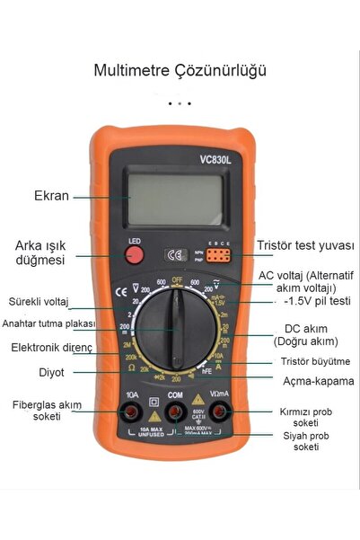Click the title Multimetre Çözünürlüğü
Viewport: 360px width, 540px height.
point(180,70)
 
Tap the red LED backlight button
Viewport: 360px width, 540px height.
point(135,255)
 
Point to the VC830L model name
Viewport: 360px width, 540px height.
point(217,161)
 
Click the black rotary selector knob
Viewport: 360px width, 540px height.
point(177,329)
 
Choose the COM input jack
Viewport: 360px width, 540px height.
point(176,413)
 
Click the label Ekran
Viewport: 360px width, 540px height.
point(51,196)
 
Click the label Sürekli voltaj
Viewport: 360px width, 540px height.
point(40,301)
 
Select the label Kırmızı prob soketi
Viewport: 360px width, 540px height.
point(306,417)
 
